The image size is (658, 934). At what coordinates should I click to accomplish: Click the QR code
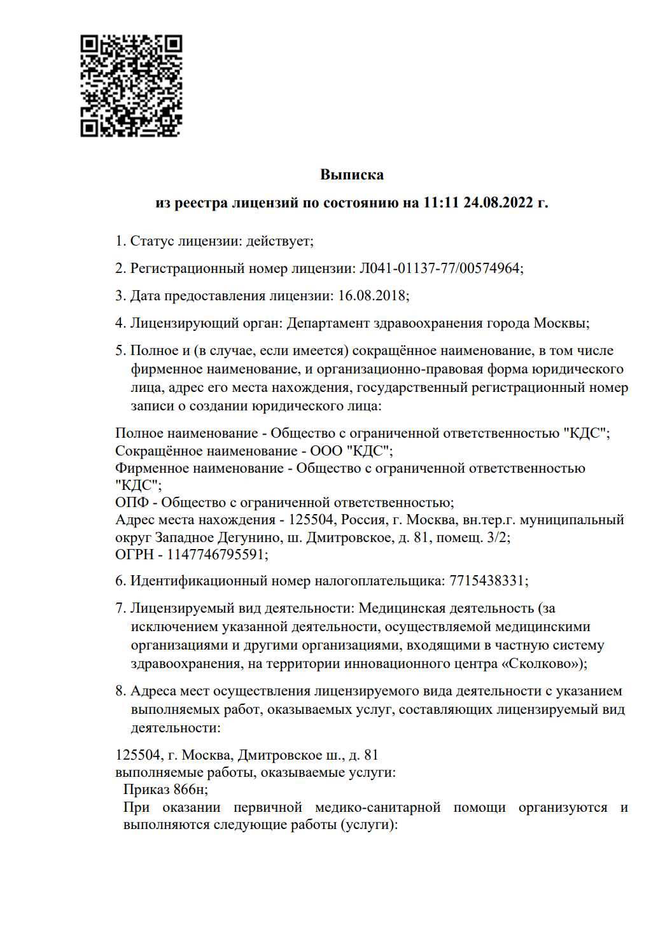point(131,86)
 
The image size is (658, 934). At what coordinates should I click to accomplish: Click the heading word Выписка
point(352,174)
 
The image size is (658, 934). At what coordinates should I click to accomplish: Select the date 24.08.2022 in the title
point(498,202)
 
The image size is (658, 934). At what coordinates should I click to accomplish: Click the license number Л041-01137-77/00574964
point(440,268)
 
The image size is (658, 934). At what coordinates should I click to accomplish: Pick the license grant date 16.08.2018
point(372,296)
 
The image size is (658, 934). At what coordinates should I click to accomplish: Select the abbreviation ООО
point(326,451)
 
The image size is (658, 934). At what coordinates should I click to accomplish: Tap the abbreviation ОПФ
point(132,503)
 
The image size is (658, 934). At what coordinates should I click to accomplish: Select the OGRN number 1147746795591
point(215,555)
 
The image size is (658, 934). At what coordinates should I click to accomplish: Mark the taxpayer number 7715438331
point(487,581)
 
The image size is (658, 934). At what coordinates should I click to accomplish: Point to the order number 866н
point(189,790)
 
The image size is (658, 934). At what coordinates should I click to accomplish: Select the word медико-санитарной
point(378,807)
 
